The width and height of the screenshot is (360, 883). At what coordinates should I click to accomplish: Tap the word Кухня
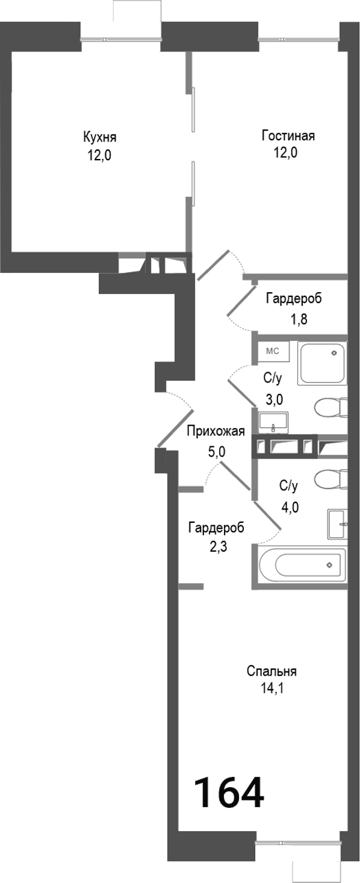[99, 136]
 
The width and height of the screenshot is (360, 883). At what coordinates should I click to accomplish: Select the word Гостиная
[288, 136]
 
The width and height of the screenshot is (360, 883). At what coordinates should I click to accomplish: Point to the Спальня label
[272, 671]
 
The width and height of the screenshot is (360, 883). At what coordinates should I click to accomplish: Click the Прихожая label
[215, 431]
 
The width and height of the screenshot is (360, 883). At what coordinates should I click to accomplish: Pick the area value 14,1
[272, 687]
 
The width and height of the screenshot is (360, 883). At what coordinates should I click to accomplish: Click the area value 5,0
[215, 451]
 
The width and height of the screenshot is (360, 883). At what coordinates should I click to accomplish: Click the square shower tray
[323, 363]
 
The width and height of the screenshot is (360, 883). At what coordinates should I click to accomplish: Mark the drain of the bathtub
[329, 564]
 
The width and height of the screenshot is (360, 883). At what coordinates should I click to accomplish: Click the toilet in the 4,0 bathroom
[331, 480]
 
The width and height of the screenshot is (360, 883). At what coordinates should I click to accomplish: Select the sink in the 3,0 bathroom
[273, 423]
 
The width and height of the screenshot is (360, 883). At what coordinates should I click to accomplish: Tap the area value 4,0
[290, 507]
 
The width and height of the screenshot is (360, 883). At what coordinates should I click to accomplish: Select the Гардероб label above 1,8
[293, 298]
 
